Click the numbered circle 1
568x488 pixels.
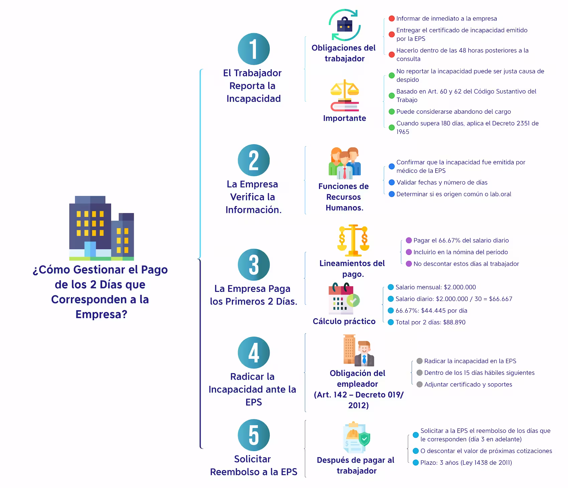(x=254, y=49)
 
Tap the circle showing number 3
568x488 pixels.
(x=254, y=264)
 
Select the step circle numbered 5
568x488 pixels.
(x=254, y=435)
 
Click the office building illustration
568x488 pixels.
(x=102, y=228)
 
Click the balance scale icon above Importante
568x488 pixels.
(x=344, y=95)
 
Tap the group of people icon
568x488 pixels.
(x=344, y=163)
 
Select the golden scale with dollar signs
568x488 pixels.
(x=353, y=240)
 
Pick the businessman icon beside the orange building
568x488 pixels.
(x=364, y=354)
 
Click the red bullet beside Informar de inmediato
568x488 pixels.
(x=392, y=19)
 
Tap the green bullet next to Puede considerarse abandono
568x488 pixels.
(x=392, y=112)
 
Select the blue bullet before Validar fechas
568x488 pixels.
(x=392, y=182)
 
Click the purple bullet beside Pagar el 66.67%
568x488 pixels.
(x=409, y=240)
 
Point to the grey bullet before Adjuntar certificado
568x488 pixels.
(x=420, y=384)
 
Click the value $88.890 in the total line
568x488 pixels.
(x=454, y=322)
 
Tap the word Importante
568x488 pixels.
(x=344, y=118)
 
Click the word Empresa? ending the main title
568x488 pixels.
(x=101, y=315)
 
